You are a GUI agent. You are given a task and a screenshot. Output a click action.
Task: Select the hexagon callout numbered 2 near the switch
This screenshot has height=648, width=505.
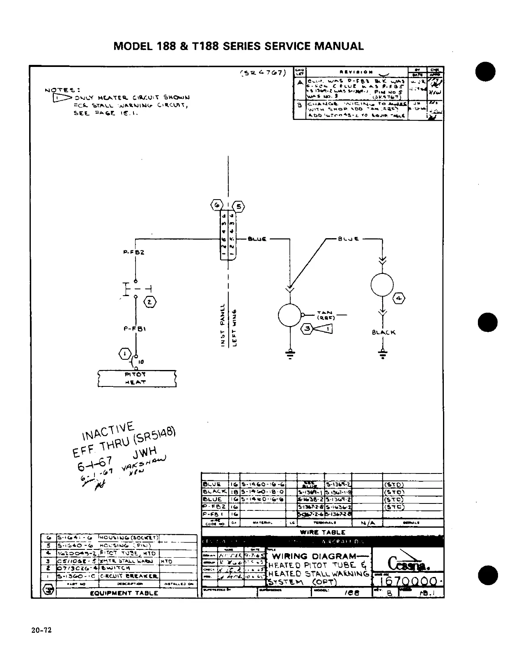[150, 302]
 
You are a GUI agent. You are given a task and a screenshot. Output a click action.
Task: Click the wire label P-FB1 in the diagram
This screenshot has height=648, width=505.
[135, 329]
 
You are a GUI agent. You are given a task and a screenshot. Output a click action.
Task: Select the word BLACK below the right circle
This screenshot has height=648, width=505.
[383, 332]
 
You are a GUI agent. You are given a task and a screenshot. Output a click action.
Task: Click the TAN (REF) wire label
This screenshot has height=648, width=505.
[327, 315]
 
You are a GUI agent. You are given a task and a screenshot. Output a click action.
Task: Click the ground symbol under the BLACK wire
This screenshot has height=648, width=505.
[383, 354]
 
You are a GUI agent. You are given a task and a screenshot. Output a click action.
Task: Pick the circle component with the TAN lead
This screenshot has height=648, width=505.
[290, 315]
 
